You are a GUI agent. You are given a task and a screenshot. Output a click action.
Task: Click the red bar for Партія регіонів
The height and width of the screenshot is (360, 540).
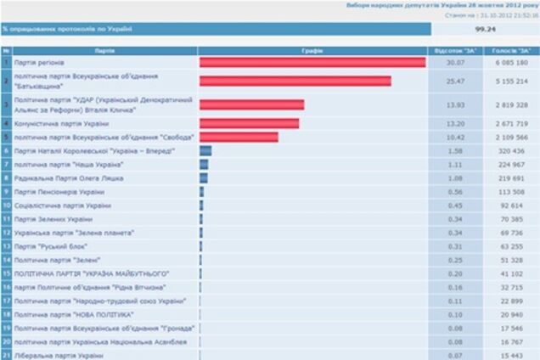click(312, 63)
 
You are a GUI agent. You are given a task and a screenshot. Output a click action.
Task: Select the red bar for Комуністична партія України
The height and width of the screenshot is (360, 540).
click(249, 123)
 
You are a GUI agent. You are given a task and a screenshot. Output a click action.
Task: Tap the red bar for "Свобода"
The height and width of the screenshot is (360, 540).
click(239, 137)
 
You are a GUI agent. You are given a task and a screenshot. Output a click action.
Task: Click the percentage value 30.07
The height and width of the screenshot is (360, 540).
click(456, 63)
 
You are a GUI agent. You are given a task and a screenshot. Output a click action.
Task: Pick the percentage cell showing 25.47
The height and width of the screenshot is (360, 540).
click(456, 82)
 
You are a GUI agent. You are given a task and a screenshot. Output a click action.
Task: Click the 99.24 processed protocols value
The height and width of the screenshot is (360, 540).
click(486, 29)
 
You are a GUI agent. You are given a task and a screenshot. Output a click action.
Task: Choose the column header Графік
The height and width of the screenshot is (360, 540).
click(312, 50)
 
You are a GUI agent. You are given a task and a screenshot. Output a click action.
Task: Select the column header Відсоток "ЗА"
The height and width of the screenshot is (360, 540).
click(456, 50)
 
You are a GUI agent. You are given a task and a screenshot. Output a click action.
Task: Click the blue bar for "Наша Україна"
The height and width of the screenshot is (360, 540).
click(204, 165)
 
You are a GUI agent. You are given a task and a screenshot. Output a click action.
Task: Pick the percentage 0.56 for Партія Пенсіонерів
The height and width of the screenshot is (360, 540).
click(456, 192)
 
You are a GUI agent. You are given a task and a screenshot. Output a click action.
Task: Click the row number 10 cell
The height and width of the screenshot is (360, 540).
click(6, 205)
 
